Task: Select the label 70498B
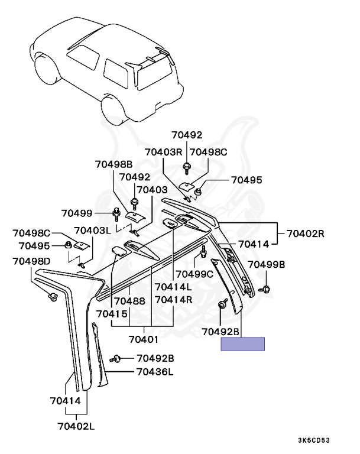pos(113,164)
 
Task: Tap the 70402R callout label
pos(306,233)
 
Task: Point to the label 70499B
pos(266,264)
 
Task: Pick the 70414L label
pos(173,287)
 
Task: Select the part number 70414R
pos(174,300)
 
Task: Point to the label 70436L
pos(154,372)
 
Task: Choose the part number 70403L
pos(93,231)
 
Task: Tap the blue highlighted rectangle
pos(242,343)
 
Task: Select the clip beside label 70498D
pos(53,296)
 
